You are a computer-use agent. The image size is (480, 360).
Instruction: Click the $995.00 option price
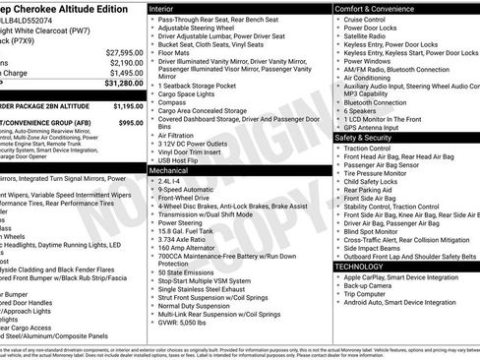click(x=130, y=122)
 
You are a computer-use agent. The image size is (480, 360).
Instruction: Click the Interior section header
click(x=165, y=8)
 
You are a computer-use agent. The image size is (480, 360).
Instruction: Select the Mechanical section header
click(x=170, y=170)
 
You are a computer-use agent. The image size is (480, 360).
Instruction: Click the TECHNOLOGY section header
click(x=359, y=266)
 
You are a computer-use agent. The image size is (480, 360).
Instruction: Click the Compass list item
click(x=172, y=100)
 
